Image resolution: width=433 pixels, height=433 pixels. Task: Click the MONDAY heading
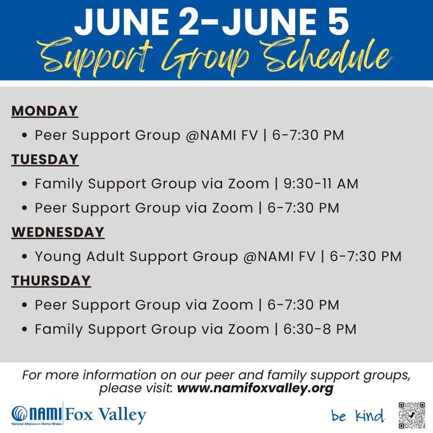point(45,111)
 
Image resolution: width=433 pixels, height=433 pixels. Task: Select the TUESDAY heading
point(45,160)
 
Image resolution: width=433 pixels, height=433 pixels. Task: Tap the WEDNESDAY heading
point(58,233)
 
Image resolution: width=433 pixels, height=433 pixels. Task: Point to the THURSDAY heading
point(51,281)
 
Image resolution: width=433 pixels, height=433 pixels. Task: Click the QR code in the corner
point(411,415)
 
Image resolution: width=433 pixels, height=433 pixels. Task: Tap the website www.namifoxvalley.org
point(255,388)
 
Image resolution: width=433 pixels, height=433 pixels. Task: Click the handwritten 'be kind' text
point(358,416)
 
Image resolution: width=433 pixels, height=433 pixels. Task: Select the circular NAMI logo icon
point(19,414)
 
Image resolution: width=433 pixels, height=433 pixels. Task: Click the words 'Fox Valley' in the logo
point(105,415)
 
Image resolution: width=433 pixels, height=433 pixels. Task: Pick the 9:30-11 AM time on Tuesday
point(321,183)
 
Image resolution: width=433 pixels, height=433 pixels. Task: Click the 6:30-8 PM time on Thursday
point(320,329)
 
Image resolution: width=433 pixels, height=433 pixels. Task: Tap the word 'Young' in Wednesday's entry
point(58,257)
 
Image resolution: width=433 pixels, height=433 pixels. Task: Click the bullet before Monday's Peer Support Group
point(25,135)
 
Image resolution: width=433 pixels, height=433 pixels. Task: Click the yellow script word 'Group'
point(205,58)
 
